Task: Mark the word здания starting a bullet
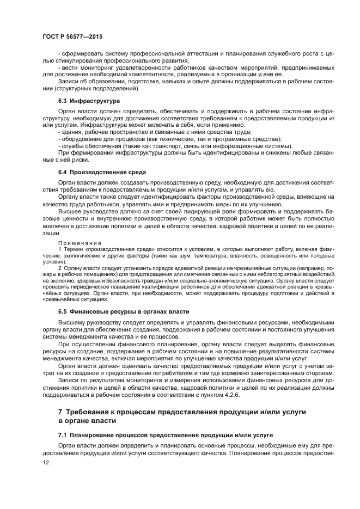pyautogui.click(x=72, y=132)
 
